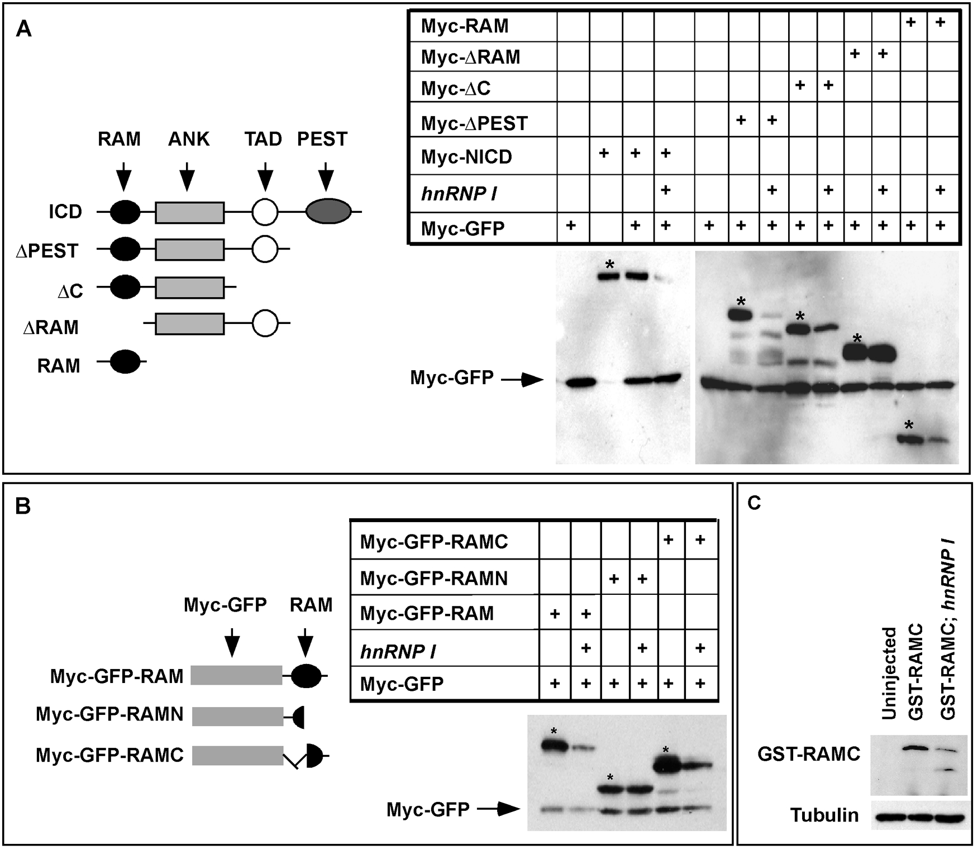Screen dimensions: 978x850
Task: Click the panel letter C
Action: [x=755, y=503]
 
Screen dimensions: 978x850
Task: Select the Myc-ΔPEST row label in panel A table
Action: [x=474, y=123]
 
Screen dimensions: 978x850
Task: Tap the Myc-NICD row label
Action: [x=466, y=157]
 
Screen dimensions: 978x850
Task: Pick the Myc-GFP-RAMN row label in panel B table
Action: [x=434, y=578]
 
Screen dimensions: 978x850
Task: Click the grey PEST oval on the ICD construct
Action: [x=329, y=211]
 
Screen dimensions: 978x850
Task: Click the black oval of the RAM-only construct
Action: [x=125, y=362]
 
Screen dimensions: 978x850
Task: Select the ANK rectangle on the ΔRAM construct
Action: [x=190, y=324]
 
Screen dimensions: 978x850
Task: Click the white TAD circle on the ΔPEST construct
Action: [x=265, y=251]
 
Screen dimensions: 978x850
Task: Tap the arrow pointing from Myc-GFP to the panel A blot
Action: [x=522, y=381]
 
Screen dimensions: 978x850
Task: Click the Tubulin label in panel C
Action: [x=824, y=815]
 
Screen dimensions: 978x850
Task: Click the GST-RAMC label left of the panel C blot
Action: [x=809, y=754]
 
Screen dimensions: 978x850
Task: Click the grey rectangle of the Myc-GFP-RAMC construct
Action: [x=238, y=756]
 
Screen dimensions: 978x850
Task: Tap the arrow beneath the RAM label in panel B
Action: [x=305, y=642]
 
